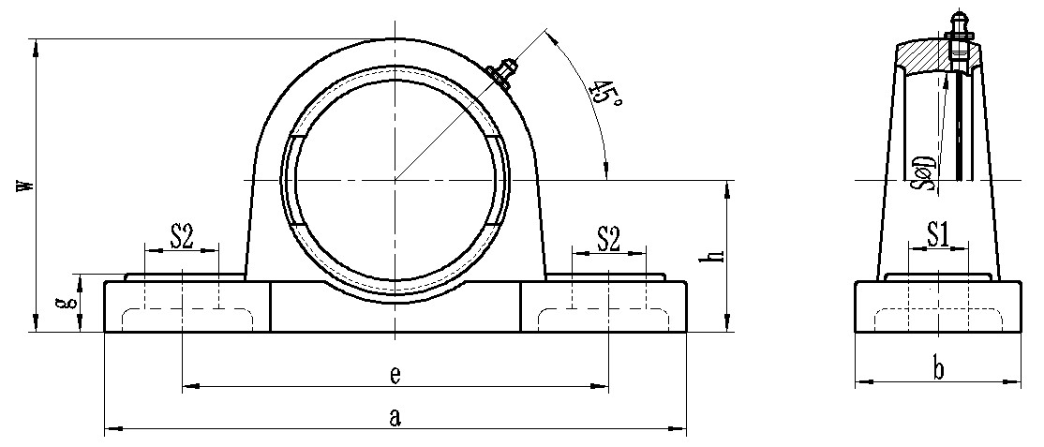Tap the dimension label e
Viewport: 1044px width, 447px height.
pos(395,375)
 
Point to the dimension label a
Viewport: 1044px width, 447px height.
pos(395,417)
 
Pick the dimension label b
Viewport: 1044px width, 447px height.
pos(938,369)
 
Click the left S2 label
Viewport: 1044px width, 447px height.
pos(182,237)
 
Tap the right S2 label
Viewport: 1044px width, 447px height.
pos(608,238)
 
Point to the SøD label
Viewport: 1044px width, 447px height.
pos(926,172)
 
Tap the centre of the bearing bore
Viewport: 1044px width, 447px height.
pos(395,180)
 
